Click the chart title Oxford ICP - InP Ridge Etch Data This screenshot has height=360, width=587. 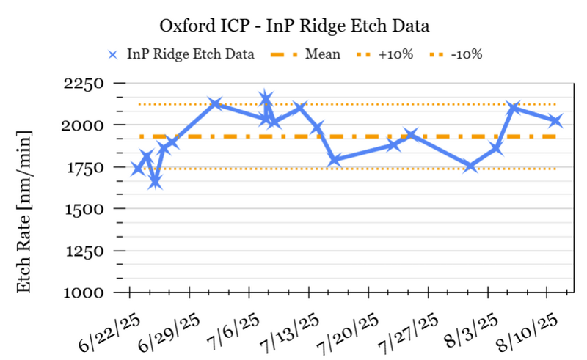[x=293, y=26]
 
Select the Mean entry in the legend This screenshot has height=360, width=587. [x=323, y=54]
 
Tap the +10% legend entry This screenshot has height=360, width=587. [x=394, y=54]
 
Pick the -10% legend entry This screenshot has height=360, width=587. [x=466, y=54]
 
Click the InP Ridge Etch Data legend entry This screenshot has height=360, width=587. [x=190, y=54]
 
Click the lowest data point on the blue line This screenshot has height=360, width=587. [x=155, y=182]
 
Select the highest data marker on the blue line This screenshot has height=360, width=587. [x=266, y=98]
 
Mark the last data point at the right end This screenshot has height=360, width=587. [x=555, y=120]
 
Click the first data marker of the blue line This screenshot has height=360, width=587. [x=137, y=169]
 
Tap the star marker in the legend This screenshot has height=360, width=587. [x=112, y=54]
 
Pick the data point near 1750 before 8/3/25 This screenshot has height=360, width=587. [x=470, y=166]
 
